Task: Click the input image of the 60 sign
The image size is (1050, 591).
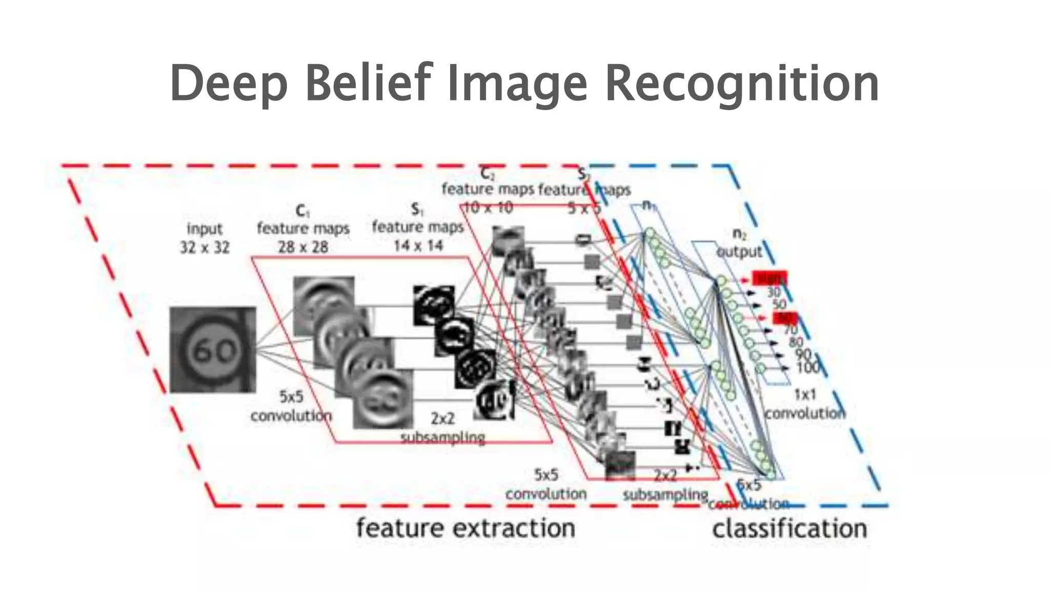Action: pyautogui.click(x=213, y=350)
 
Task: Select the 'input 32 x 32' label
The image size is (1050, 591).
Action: pyautogui.click(x=205, y=238)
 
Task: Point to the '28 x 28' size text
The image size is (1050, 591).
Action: pyautogui.click(x=303, y=247)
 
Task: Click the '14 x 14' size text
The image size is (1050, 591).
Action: pyautogui.click(x=418, y=246)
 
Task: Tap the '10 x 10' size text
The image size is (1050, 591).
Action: pyautogui.click(x=488, y=208)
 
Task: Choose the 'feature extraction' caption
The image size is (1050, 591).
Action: pyautogui.click(x=466, y=528)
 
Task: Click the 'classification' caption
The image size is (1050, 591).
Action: pyautogui.click(x=790, y=528)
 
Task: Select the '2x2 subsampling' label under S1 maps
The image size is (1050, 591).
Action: pyautogui.click(x=442, y=428)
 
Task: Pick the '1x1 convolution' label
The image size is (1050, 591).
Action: pyautogui.click(x=805, y=404)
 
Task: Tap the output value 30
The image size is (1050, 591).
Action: pyautogui.click(x=773, y=292)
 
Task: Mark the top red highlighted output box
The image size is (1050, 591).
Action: pyautogui.click(x=769, y=279)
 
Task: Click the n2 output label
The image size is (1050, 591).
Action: pyautogui.click(x=739, y=243)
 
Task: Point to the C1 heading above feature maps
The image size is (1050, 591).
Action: pyautogui.click(x=302, y=211)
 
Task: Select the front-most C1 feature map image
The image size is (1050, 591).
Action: pyautogui.click(x=382, y=399)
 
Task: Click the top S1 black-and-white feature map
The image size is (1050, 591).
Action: pyautogui.click(x=433, y=306)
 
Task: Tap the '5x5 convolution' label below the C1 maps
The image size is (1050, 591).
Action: pyautogui.click(x=291, y=406)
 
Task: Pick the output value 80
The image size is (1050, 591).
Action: pyautogui.click(x=796, y=342)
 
